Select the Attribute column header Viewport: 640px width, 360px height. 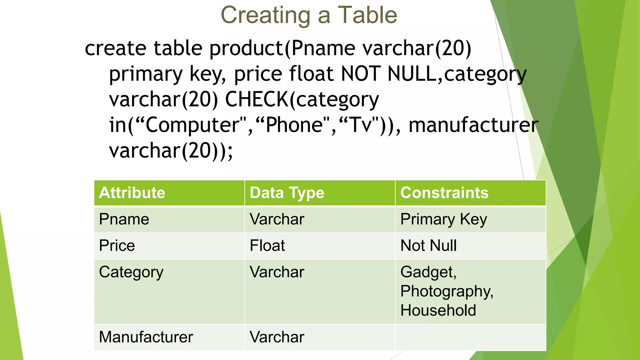132,192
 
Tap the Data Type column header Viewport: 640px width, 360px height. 287,192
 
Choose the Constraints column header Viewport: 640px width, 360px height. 444,192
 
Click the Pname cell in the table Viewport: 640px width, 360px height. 124,219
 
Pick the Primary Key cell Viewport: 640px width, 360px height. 443,219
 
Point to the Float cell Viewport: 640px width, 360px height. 267,245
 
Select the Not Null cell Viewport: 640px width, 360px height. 428,245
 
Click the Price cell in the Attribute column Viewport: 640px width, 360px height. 117,245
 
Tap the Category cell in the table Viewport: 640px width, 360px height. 131,272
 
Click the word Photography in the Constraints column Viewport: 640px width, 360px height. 447,291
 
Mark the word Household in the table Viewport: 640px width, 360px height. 438,310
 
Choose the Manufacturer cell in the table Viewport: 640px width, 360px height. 146,337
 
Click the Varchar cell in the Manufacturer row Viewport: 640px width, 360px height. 277,337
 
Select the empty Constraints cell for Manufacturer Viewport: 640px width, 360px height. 470,337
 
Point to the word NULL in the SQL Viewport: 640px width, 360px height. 412,74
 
